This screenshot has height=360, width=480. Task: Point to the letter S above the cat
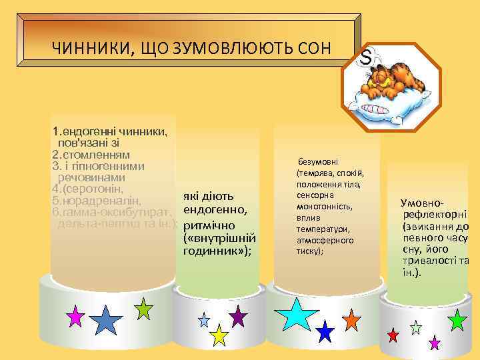[365, 59]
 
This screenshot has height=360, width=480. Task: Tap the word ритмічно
[211, 225]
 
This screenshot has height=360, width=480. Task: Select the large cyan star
[297, 313]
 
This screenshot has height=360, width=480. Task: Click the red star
[393, 334]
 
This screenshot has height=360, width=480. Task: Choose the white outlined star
[416, 327]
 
